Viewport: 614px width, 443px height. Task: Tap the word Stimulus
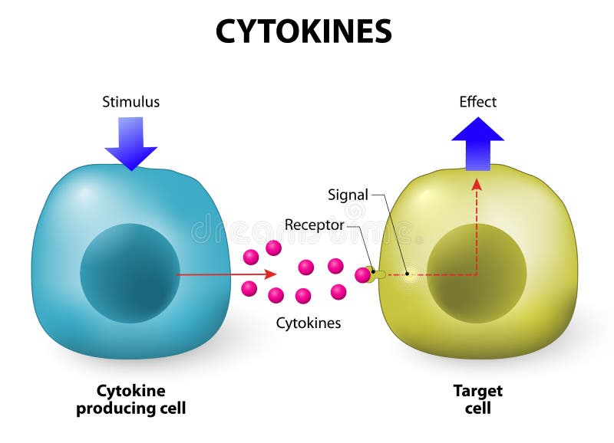point(130,102)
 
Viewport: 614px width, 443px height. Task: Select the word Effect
point(477,102)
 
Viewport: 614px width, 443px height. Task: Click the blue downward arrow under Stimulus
point(131,143)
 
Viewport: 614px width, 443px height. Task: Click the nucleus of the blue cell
point(130,273)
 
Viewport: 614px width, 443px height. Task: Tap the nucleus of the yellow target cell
point(476,274)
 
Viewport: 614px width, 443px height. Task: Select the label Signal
point(348,195)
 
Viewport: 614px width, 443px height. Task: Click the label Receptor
point(314,225)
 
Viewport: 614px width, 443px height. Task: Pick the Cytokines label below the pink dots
point(309,323)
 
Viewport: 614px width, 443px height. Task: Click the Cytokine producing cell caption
point(130,399)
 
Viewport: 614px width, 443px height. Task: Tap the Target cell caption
point(477,399)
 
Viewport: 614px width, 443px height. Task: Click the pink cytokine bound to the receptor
point(362,274)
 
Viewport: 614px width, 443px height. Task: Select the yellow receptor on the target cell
point(376,274)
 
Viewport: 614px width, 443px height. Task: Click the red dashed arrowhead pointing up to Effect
point(477,184)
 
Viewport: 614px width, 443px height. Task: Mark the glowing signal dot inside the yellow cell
point(408,274)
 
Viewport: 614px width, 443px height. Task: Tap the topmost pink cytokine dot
point(273,248)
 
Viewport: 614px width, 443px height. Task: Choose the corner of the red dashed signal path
point(477,274)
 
